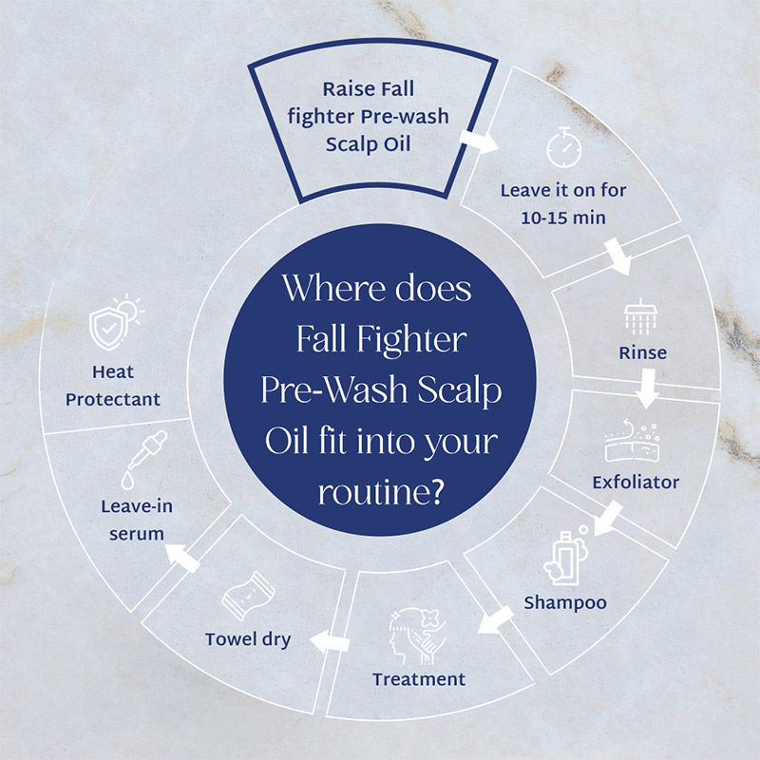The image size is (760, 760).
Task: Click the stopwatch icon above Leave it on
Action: click(563, 148)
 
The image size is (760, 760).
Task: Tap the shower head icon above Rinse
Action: click(639, 317)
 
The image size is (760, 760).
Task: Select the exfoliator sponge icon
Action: click(633, 441)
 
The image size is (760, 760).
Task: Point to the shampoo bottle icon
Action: click(566, 557)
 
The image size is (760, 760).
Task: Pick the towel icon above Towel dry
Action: click(248, 597)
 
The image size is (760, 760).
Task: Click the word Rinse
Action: click(643, 352)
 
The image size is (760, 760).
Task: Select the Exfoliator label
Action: click(636, 483)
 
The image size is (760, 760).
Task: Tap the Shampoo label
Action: click(565, 603)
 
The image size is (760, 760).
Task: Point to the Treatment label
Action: click(419, 679)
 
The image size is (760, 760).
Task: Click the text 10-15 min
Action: click(563, 218)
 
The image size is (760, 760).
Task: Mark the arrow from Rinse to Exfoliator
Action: click(647, 389)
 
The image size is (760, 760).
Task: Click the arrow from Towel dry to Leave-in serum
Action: click(182, 558)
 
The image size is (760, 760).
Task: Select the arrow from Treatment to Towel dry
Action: click(330, 642)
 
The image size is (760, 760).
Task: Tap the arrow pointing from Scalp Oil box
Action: click(479, 141)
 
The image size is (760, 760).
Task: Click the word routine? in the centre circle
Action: click(381, 492)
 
